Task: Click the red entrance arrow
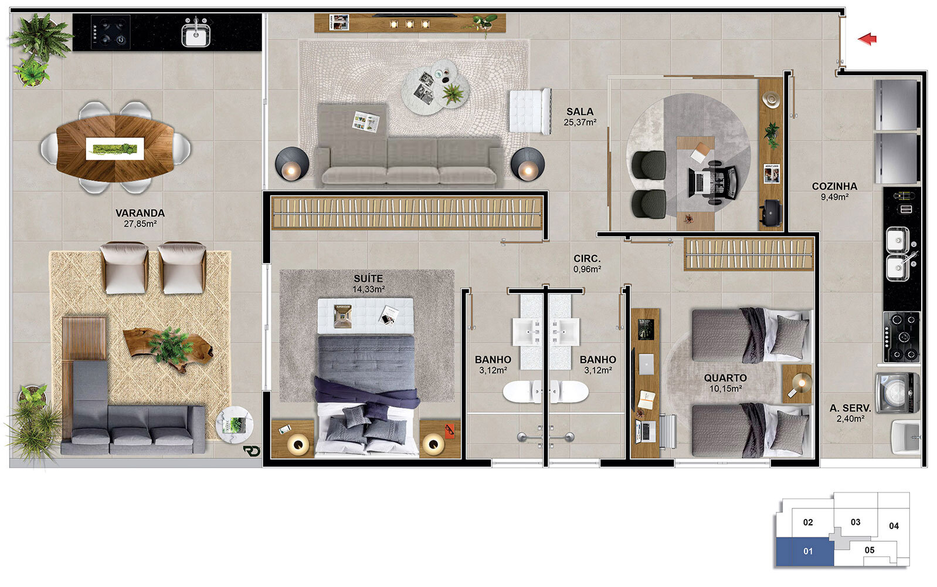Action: [x=868, y=39]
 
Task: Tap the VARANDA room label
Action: [x=140, y=213]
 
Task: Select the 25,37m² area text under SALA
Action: [x=580, y=122]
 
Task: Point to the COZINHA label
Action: [x=834, y=186]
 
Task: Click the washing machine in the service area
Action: [x=898, y=393]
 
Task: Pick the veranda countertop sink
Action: [x=196, y=34]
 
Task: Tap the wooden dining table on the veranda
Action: [x=115, y=148]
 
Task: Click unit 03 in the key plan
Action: [x=855, y=522]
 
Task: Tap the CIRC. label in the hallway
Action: [x=587, y=259]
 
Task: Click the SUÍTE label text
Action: [x=368, y=278]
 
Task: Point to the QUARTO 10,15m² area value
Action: [x=725, y=389]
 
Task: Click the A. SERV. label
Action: [x=850, y=408]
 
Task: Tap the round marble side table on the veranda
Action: [x=235, y=424]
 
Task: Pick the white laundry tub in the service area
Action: [x=905, y=437]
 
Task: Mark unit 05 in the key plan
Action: [x=869, y=550]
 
